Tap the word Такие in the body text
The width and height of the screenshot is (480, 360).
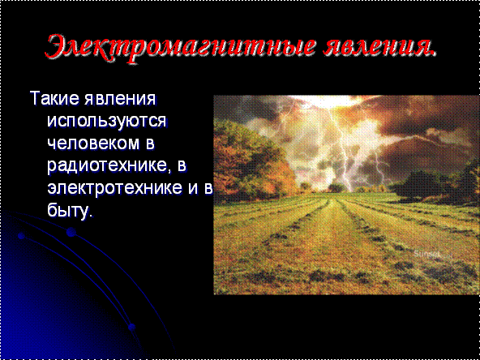pyautogui.click(x=54, y=98)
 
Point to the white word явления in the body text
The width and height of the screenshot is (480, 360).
pyautogui.click(x=120, y=99)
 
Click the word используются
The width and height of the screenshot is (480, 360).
pyautogui.click(x=106, y=122)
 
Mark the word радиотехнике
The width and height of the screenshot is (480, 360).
pyautogui.click(x=106, y=167)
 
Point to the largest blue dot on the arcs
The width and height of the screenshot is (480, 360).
pyautogui.click(x=71, y=232)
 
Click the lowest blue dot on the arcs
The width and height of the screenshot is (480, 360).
pyautogui.click(x=131, y=327)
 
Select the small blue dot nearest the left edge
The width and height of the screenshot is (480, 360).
pyautogui.click(x=21, y=236)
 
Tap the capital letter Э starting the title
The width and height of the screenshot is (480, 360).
pyautogui.click(x=58, y=49)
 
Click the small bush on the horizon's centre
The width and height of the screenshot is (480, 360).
pyautogui.click(x=336, y=187)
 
